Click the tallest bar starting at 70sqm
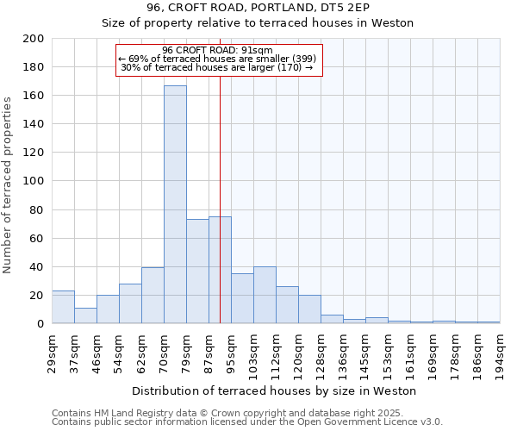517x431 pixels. click(x=175, y=204)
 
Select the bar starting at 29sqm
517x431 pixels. click(x=63, y=307)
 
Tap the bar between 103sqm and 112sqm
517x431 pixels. click(x=265, y=295)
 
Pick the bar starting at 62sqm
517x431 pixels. click(x=153, y=296)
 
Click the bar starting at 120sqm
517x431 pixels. click(x=309, y=309)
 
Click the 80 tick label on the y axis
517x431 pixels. click(x=38, y=209)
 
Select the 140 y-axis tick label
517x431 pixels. click(x=34, y=124)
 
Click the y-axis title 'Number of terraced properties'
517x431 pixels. click(x=8, y=185)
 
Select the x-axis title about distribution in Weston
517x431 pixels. click(x=274, y=391)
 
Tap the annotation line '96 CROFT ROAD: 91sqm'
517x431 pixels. click(x=218, y=50)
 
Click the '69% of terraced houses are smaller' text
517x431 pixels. click(x=218, y=59)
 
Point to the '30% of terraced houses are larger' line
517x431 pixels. click(x=216, y=67)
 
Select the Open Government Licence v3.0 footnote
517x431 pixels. click(x=247, y=422)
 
